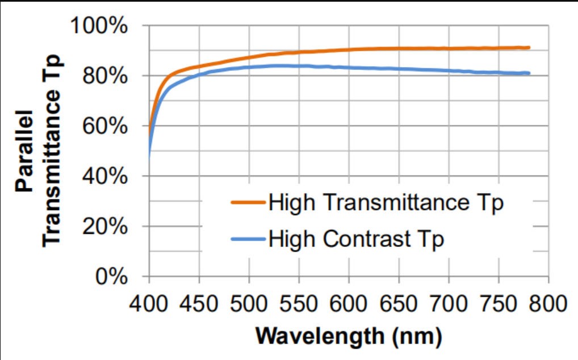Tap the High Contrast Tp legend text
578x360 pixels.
(x=357, y=238)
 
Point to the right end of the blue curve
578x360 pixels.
(x=529, y=73)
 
